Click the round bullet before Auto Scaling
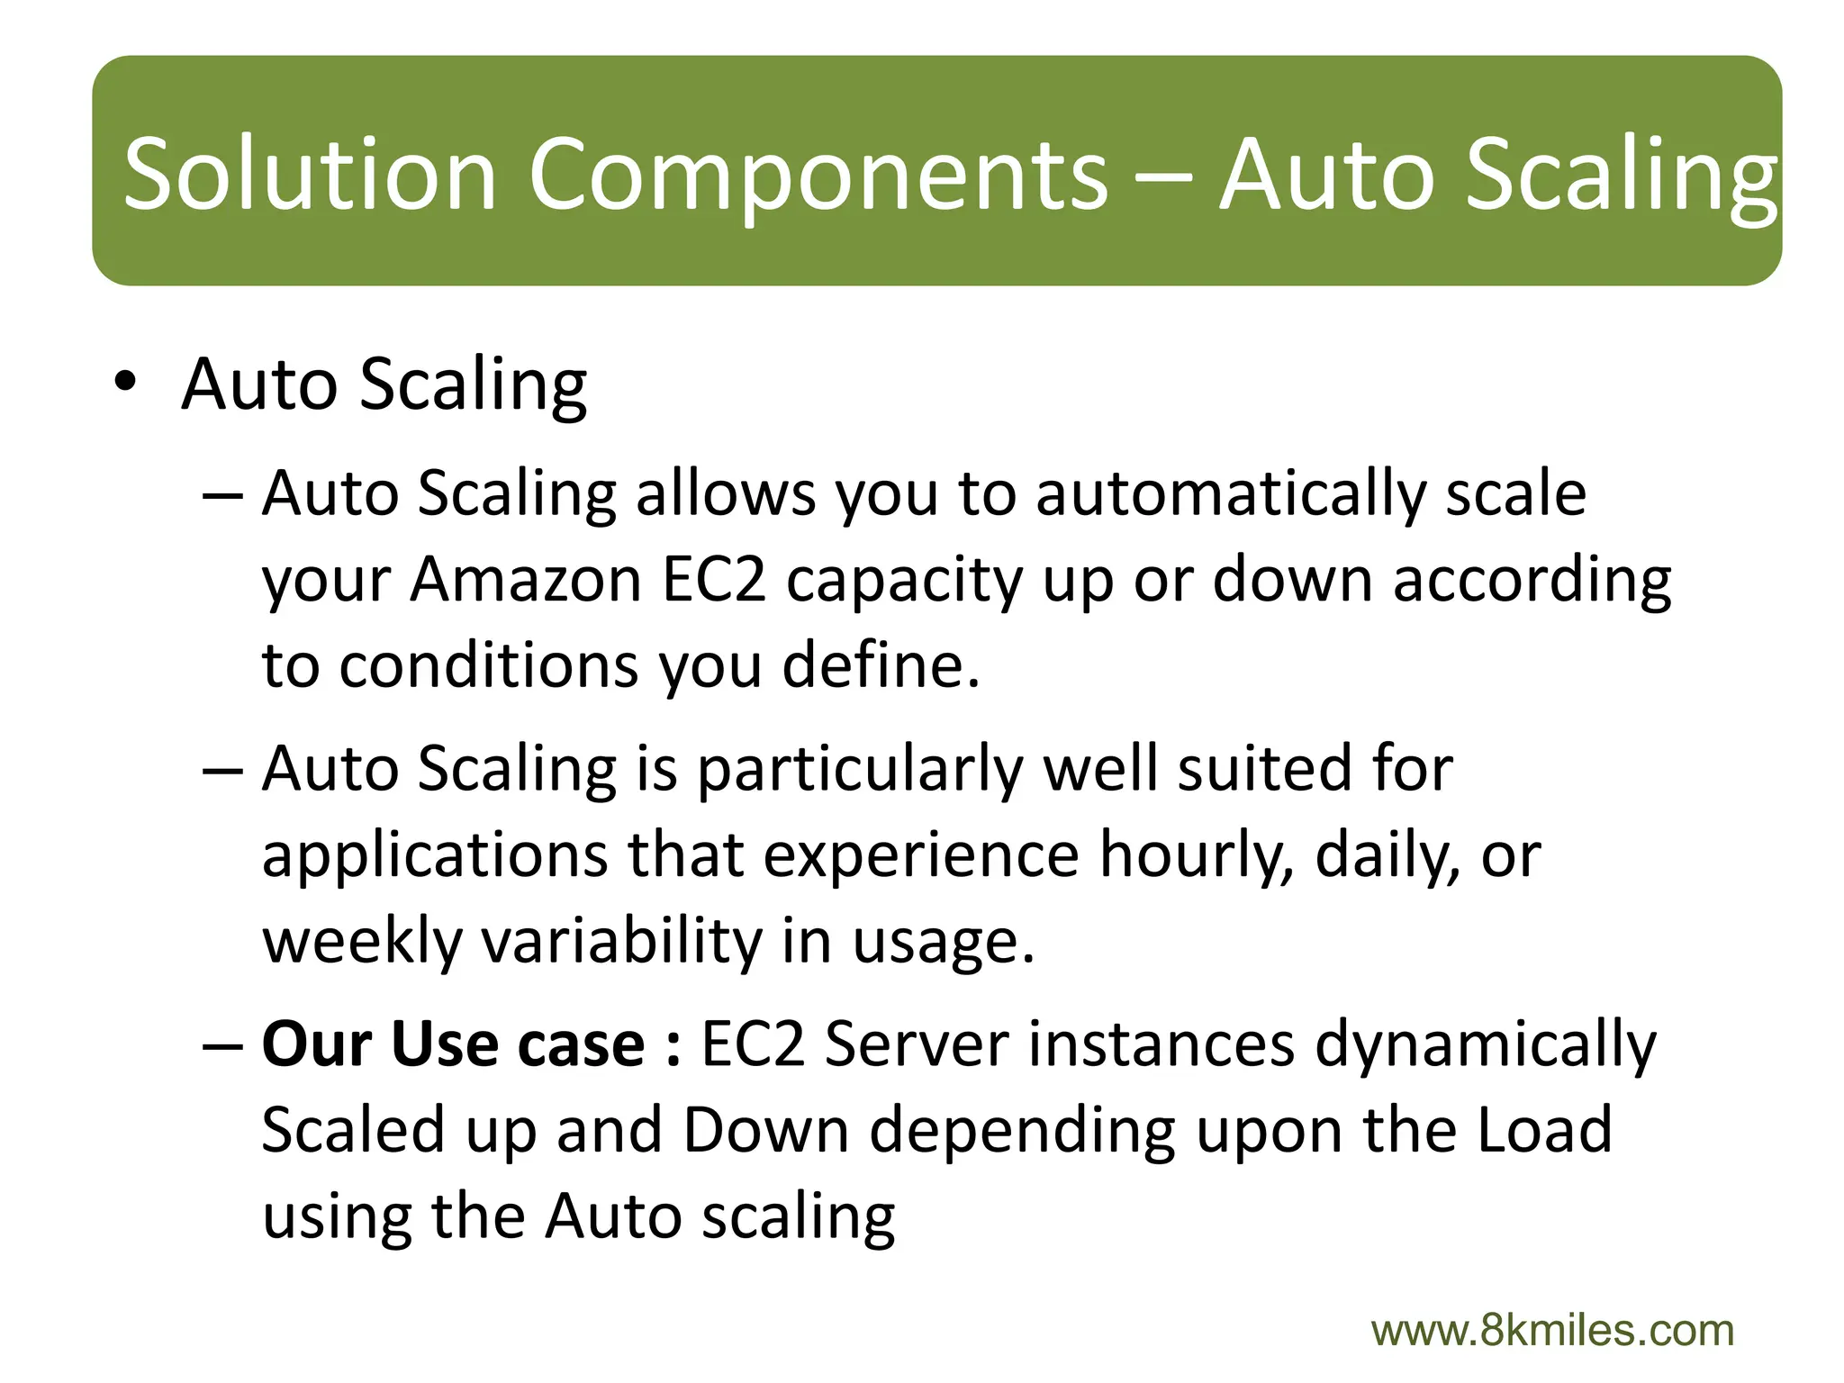[x=125, y=384]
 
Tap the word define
[x=881, y=665]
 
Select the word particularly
[x=860, y=770]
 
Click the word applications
[x=434, y=854]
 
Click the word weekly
[x=362, y=941]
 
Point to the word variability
[x=621, y=941]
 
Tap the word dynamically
[x=1486, y=1044]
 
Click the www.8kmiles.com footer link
[x=1552, y=1331]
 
